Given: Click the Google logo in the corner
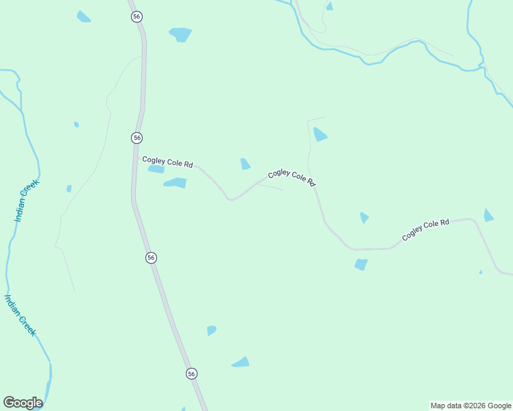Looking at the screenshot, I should coord(23,403).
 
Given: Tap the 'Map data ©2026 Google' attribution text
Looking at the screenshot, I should coord(470,406).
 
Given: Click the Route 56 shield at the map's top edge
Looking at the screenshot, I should coord(136,16).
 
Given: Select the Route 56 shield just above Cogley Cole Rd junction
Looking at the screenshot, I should coord(137,138).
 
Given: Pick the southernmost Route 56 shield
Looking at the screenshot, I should coord(191,373).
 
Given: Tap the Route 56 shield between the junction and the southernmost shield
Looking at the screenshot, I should coord(151,258).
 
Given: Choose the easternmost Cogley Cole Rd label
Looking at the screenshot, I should coord(425,229).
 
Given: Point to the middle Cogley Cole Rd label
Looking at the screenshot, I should coord(291,178).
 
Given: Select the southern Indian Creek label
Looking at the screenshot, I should coord(20,315).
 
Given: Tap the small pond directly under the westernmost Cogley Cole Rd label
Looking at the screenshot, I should coord(156,169).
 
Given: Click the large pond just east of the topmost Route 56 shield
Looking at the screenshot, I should coord(180,34).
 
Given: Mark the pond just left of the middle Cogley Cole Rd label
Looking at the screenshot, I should coord(245,164).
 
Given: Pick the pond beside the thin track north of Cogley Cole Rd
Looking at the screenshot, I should coord(320,134).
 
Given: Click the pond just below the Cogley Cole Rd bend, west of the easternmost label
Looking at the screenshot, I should coord(361,264).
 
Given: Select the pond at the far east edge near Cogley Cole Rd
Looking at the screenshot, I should coord(488,216).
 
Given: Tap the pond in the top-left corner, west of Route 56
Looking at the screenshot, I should coord(84,16).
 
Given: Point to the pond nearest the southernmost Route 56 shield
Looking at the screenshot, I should coord(241,362).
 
